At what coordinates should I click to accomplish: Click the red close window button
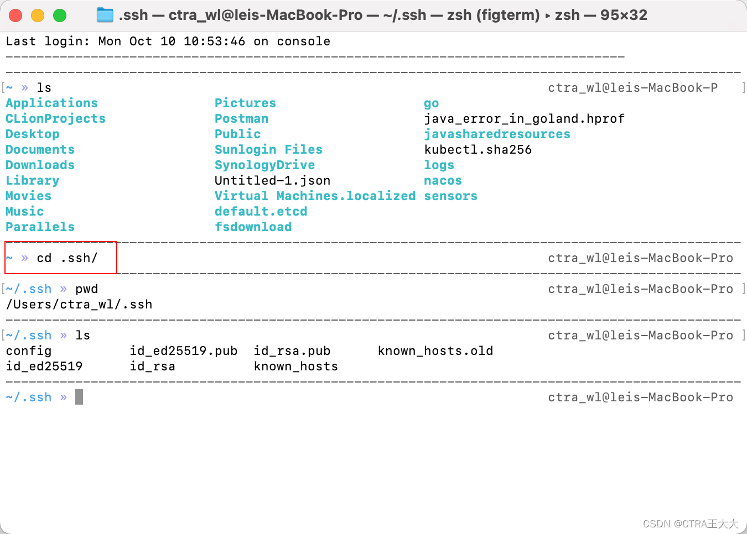15,15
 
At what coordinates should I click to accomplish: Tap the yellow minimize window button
38,15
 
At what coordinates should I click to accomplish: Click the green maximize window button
60,15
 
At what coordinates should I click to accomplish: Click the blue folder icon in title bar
105,15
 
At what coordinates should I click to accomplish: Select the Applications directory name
51,103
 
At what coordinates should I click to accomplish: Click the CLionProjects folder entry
55,119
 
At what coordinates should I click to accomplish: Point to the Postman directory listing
241,119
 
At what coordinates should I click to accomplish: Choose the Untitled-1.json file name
272,181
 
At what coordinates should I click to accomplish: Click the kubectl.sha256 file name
478,150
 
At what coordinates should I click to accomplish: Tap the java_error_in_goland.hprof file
524,119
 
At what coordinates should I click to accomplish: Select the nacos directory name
443,181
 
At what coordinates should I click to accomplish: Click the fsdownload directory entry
253,227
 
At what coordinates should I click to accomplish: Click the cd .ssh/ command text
67,258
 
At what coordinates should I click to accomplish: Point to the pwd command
86,289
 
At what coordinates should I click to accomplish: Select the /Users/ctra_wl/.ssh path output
79,305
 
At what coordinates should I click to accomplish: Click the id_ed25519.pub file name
183,351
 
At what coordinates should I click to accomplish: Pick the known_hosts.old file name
435,351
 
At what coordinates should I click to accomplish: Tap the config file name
28,351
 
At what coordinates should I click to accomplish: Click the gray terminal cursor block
79,397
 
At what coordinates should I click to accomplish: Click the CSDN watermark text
690,523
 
